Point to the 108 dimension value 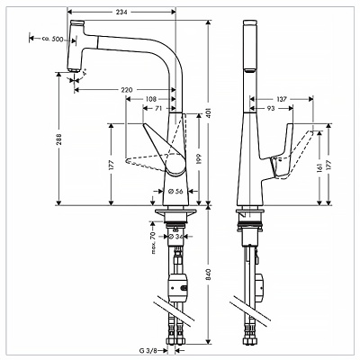pos(153,97)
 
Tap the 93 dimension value pos(271,109)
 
